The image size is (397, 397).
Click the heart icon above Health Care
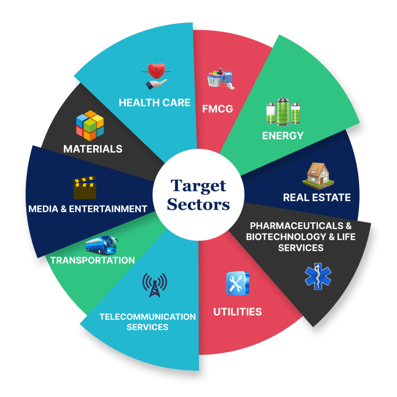(157, 76)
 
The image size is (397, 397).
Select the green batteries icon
(283, 111)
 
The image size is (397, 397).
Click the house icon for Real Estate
(318, 176)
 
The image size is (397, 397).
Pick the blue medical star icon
(318, 276)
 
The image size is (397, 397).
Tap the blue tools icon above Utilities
(238, 283)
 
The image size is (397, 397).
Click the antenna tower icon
(155, 285)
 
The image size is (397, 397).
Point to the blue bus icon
(102, 245)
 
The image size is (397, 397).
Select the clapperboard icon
(85, 188)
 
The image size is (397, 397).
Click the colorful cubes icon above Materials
(90, 125)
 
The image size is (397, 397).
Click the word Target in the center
(198, 186)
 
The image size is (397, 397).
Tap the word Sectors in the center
(198, 204)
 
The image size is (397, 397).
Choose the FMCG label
(217, 109)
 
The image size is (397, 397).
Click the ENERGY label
(283, 136)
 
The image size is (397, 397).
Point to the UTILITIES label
(238, 312)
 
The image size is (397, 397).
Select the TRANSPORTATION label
(93, 260)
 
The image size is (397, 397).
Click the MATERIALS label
(93, 149)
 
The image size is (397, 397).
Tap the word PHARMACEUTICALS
(297, 226)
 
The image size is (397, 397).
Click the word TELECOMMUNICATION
(148, 317)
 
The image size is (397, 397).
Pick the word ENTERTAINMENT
(108, 209)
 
